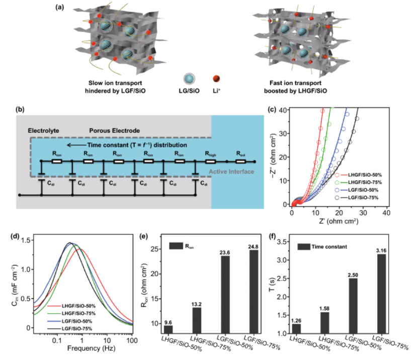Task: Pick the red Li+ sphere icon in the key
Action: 217,80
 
